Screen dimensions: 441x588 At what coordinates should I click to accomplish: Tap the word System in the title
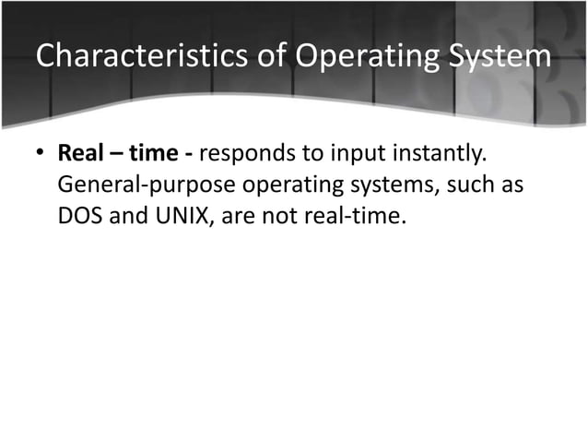click(498, 57)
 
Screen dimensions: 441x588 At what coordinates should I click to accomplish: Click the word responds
click(249, 153)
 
